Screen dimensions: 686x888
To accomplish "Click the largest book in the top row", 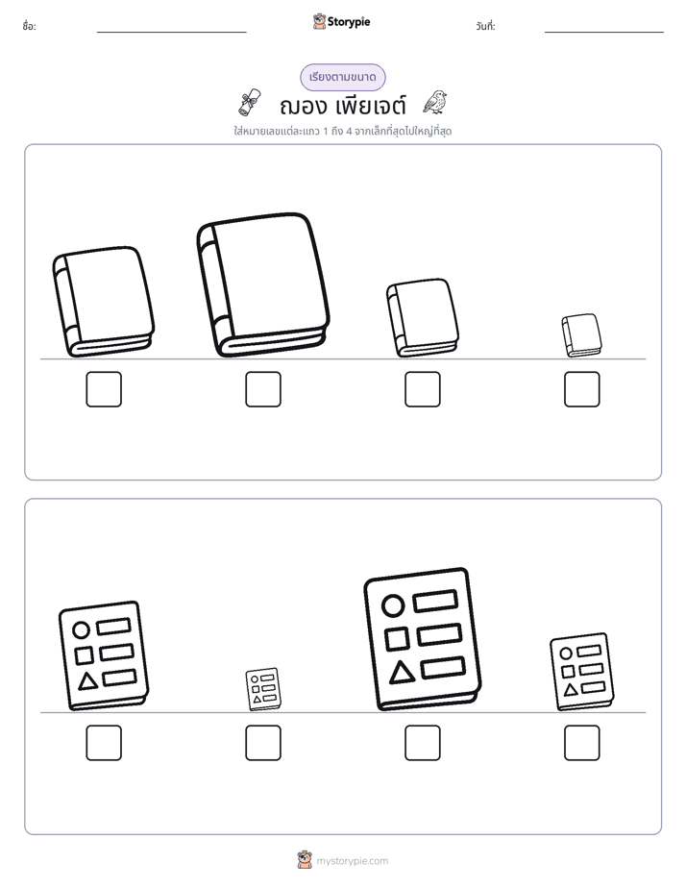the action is [263, 284].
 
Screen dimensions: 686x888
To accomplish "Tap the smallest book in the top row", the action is [581, 335].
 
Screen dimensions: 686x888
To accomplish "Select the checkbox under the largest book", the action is [263, 389].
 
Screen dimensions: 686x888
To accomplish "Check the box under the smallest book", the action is [582, 389].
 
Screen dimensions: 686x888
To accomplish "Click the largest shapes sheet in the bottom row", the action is [422, 639].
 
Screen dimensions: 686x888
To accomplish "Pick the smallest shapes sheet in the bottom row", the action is [263, 689].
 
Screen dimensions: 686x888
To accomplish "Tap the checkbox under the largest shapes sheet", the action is [423, 743].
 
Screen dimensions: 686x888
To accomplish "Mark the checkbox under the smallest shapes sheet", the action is [263, 743].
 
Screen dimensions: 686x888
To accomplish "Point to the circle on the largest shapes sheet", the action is [393, 605].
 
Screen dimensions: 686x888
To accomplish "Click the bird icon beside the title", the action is [434, 102].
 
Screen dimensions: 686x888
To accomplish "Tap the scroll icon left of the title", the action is [250, 102].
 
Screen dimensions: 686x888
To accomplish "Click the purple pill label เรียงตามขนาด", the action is [342, 77].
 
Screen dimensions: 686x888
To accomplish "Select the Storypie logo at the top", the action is [341, 21].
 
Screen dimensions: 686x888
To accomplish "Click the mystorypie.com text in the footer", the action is [352, 861].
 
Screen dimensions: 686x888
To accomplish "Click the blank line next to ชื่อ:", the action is [171, 33].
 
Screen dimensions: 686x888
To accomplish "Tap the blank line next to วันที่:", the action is [604, 33].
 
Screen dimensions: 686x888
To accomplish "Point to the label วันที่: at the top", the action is [485, 26].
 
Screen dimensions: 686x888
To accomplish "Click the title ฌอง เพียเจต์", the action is [342, 106].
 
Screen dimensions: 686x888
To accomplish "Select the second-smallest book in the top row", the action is [422, 318].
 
